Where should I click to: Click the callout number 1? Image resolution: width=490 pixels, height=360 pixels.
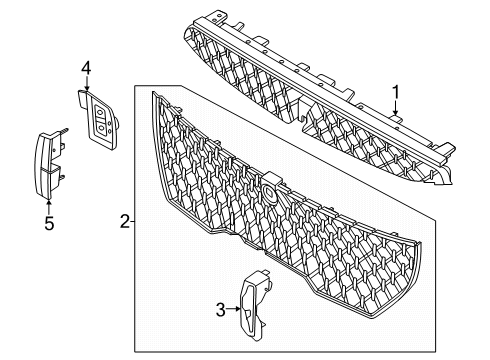pos(398,94)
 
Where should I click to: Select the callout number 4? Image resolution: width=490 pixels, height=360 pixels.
pos(86,68)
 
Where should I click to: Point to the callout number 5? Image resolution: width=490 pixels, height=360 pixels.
pos(48,225)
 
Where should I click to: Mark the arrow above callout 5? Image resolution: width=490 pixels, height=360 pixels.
pos(48,204)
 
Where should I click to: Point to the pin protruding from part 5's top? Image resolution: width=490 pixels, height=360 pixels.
pos(63,131)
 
